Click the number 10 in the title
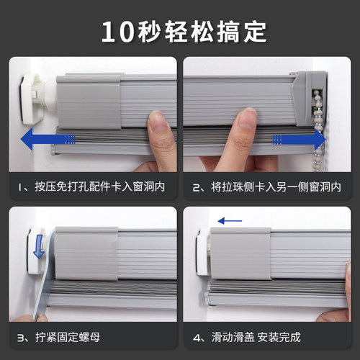click(x=117, y=32)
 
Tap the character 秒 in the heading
click(x=149, y=32)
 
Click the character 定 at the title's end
click(x=255, y=32)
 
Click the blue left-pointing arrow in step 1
click(x=48, y=139)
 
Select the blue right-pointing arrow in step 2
click(x=299, y=139)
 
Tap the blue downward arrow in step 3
click(x=39, y=246)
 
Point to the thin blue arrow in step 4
click(x=230, y=221)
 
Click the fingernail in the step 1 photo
click(x=158, y=121)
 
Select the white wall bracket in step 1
click(x=32, y=99)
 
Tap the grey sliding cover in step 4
click(x=240, y=253)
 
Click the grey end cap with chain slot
click(x=310, y=99)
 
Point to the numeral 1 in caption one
click(x=20, y=187)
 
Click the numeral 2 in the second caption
click(x=196, y=187)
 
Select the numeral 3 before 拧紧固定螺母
click(x=20, y=338)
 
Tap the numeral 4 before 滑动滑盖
click(x=197, y=338)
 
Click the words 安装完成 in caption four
click(x=279, y=337)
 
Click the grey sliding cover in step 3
click(x=86, y=253)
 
